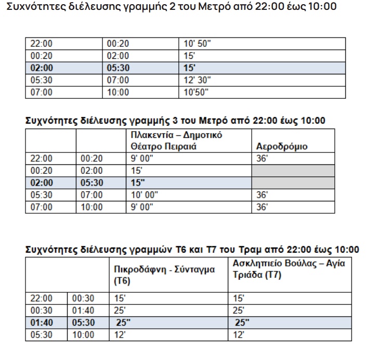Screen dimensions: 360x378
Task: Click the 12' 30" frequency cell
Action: [x=198, y=80]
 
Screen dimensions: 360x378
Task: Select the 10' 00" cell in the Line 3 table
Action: [x=144, y=195]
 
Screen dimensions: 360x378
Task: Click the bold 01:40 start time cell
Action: [x=42, y=323]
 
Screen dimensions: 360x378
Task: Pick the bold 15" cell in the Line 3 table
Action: [x=138, y=183]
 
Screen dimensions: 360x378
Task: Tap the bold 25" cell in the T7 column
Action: [x=242, y=323]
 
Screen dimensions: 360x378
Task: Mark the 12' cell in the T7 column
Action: [x=238, y=335]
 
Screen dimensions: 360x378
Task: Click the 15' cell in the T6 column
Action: [x=121, y=299]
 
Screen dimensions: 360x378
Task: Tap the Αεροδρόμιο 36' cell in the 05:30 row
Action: [x=263, y=195]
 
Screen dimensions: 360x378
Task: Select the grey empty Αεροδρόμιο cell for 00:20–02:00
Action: [x=293, y=171]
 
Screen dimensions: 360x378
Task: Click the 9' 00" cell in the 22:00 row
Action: [x=142, y=159]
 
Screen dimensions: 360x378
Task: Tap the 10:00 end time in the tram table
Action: [x=83, y=335]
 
